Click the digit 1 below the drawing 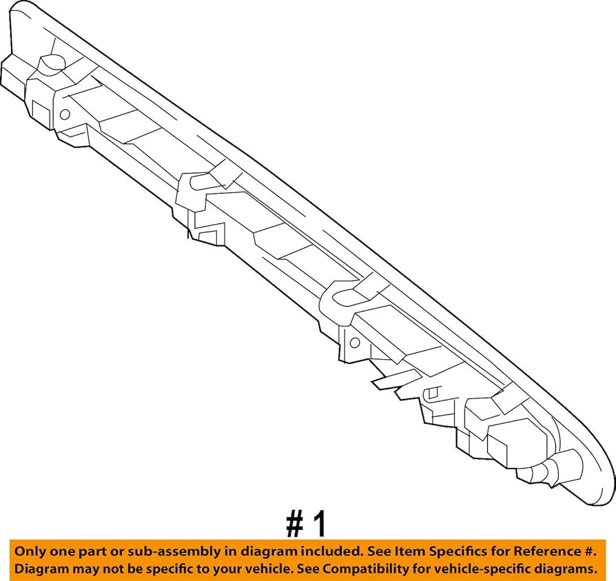[x=318, y=524]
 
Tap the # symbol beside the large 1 [x=294, y=524]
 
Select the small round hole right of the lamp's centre [x=355, y=342]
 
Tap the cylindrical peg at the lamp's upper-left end [x=49, y=65]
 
